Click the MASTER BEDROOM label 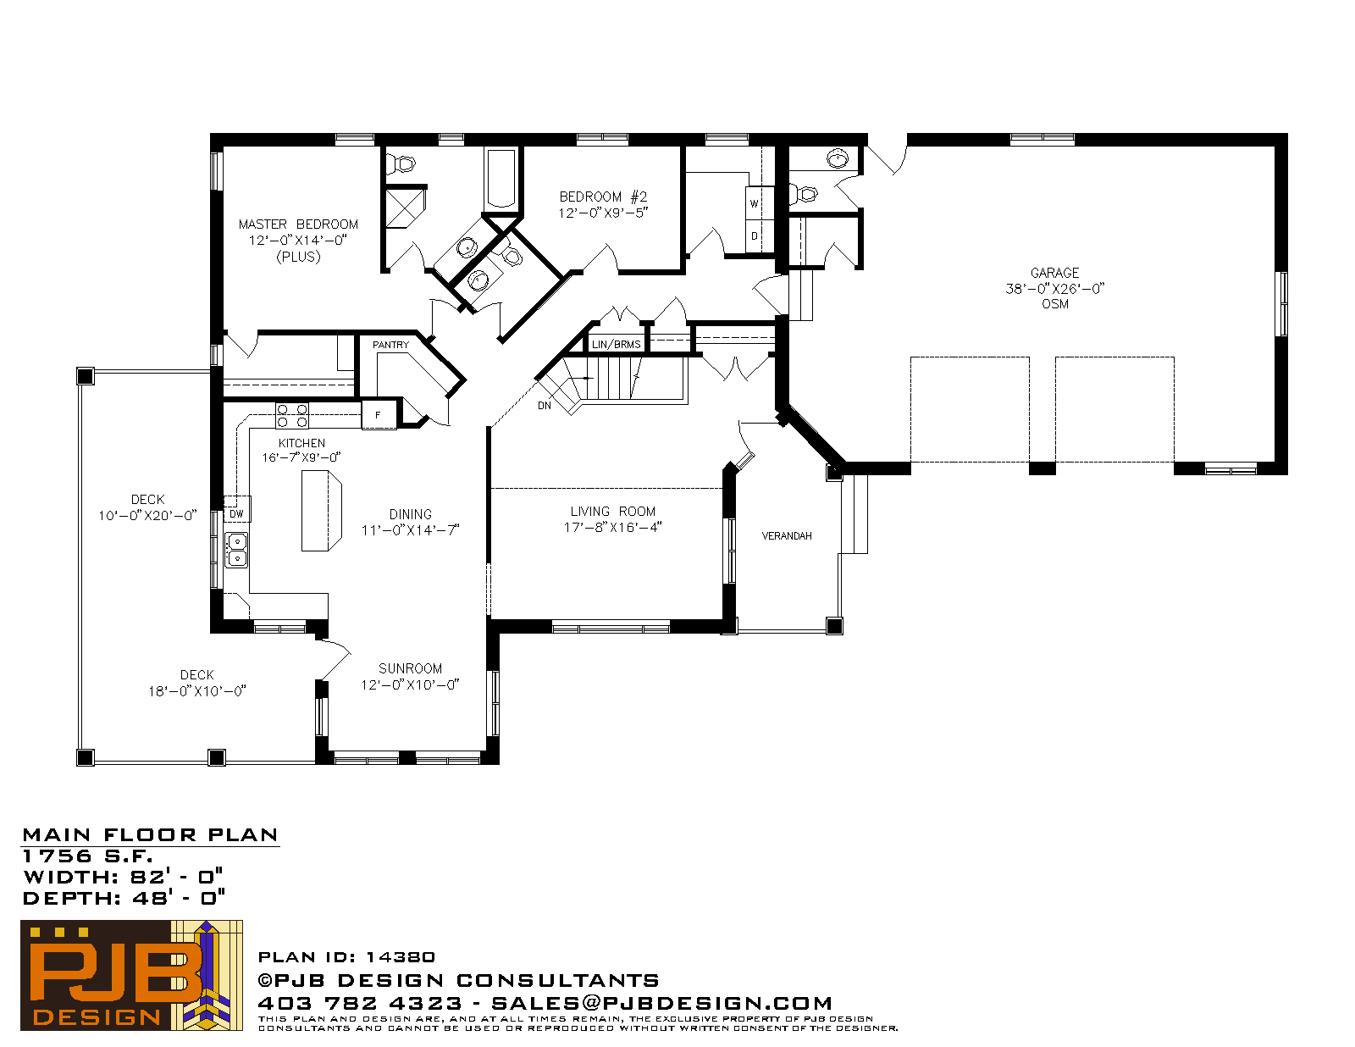(x=298, y=224)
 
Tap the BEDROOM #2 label (x=603, y=197)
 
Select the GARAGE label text (x=1054, y=273)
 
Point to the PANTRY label (x=390, y=345)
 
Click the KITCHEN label (x=301, y=443)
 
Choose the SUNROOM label (x=410, y=668)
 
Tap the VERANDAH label (x=787, y=535)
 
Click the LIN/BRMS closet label (x=616, y=344)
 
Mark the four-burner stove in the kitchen (x=292, y=416)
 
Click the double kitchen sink (x=236, y=550)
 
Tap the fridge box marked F (x=379, y=415)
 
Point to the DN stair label (x=545, y=405)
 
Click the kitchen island (x=321, y=511)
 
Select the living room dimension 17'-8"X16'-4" (x=612, y=528)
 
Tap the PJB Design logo (x=131, y=975)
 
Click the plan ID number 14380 (x=401, y=957)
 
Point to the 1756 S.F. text (x=88, y=856)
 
